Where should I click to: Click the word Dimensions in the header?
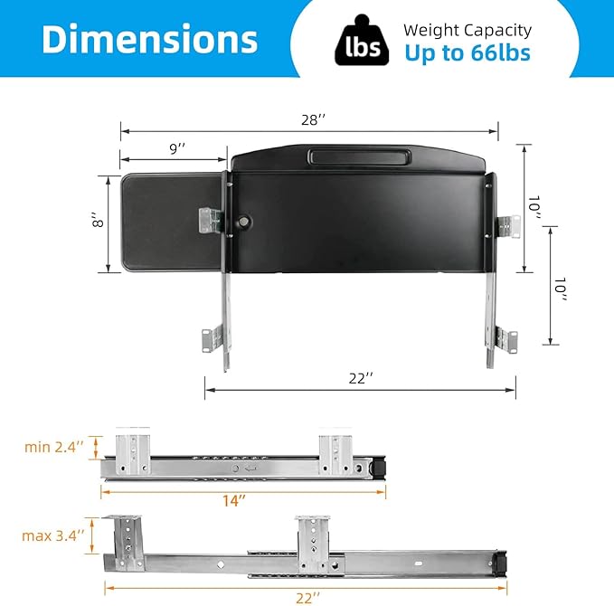[x=150, y=40]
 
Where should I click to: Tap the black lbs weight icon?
[x=357, y=42]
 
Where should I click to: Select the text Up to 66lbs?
[x=467, y=53]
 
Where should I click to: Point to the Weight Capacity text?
[x=467, y=30]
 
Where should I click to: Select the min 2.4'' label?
[x=54, y=446]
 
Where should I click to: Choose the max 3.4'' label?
[x=52, y=535]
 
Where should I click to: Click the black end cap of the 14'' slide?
[x=379, y=467]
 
